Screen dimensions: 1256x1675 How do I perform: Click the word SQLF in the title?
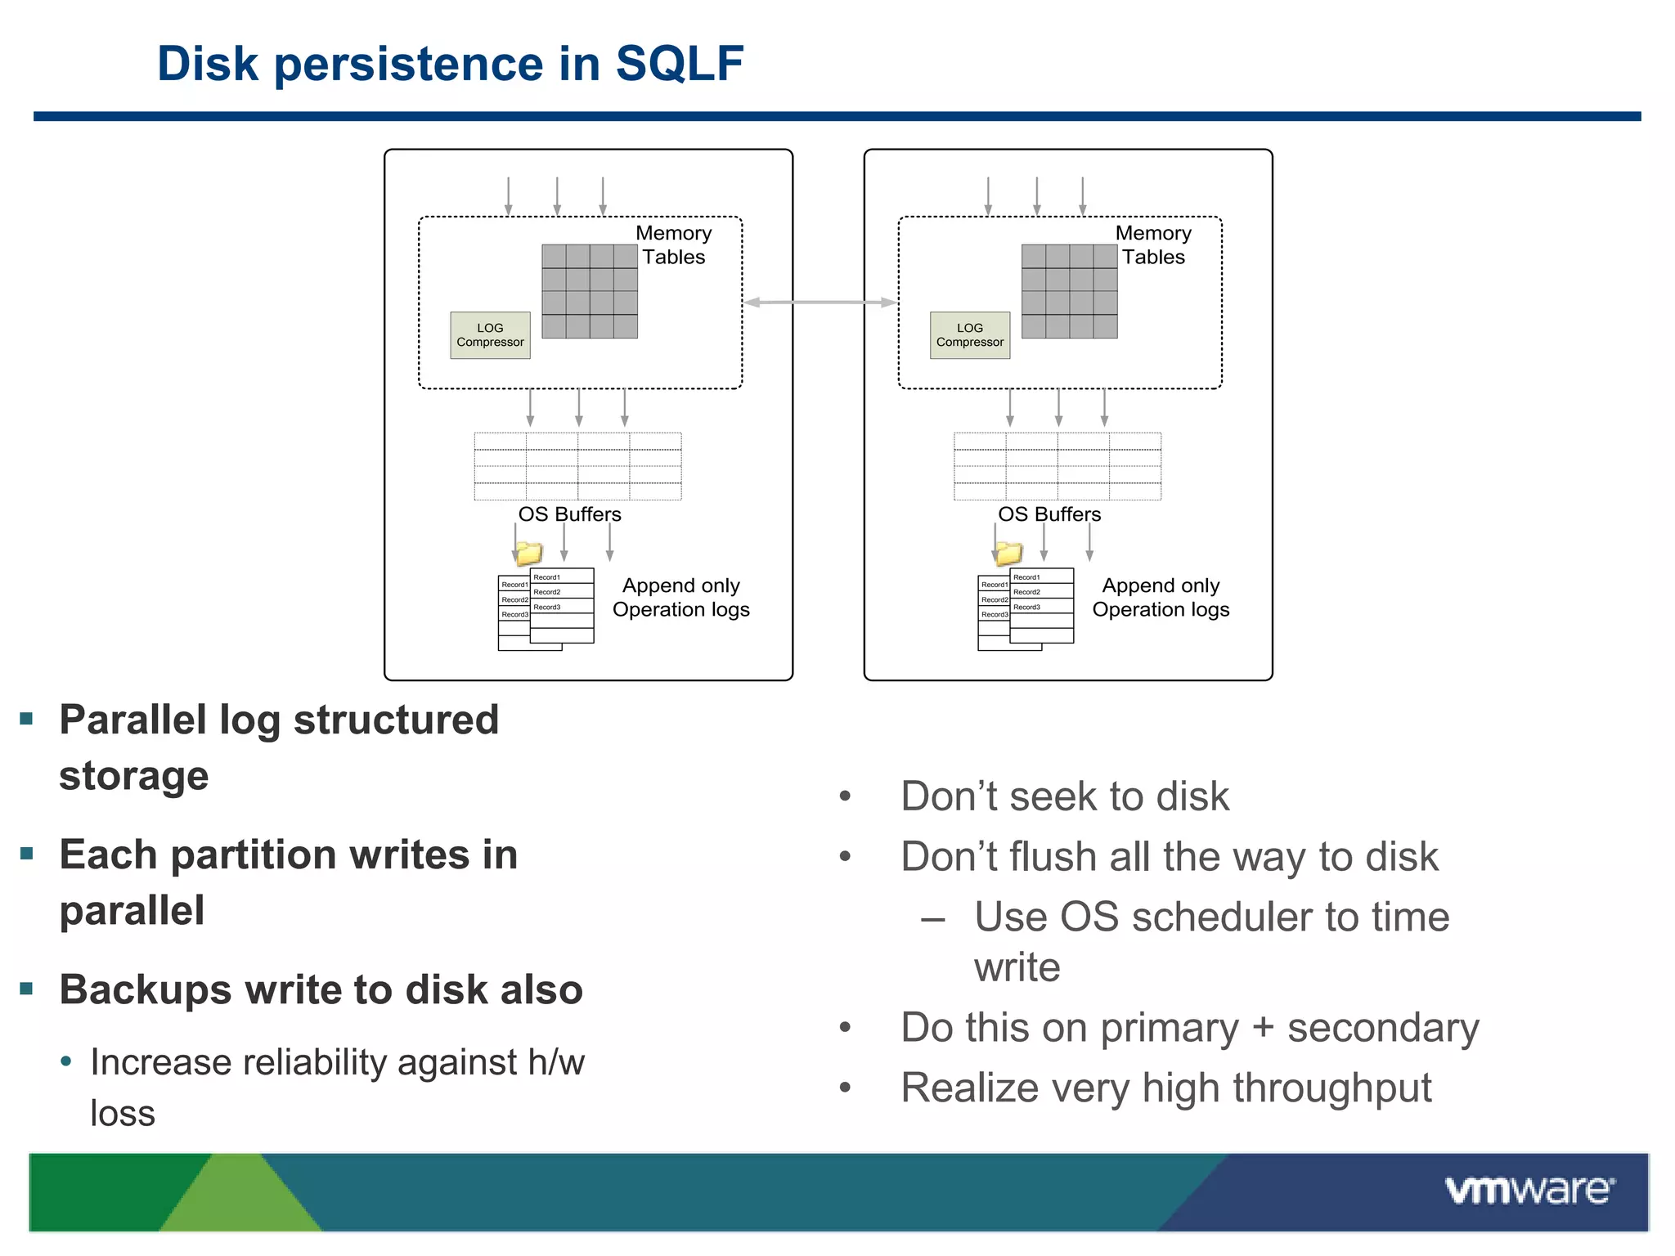tap(679, 64)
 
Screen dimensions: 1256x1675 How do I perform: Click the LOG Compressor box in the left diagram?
tap(490, 335)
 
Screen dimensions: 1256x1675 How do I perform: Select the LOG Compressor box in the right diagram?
tap(969, 335)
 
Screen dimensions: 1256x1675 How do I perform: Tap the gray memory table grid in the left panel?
tap(590, 291)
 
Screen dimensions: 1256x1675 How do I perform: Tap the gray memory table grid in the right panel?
tap(1069, 291)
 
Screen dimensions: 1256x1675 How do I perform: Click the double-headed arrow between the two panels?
tap(820, 303)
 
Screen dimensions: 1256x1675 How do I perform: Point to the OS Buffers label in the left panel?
tap(569, 514)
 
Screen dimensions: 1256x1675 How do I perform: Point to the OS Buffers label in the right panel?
tap(1049, 514)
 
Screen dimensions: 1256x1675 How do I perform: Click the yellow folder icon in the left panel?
tap(528, 554)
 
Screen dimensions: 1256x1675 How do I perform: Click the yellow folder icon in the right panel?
tap(1008, 554)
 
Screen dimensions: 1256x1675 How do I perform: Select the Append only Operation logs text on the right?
tap(1161, 598)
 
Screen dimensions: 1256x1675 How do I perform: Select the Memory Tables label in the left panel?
tap(673, 244)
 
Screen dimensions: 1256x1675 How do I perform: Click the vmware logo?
tap(1529, 1191)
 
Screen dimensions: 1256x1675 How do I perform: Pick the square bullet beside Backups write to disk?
tap(26, 989)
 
